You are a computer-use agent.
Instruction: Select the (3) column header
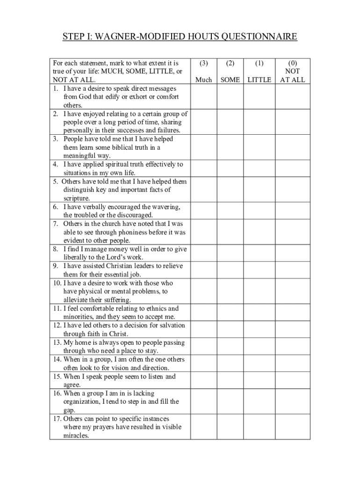click(203, 63)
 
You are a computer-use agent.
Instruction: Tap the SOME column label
click(230, 80)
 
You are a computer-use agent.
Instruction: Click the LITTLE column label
click(259, 80)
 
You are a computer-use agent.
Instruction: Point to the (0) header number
click(292, 63)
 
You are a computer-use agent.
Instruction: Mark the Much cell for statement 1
click(203, 96)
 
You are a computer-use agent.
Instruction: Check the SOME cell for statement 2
click(230, 122)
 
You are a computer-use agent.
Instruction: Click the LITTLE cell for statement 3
click(259, 147)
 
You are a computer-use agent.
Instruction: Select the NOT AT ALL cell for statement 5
click(292, 189)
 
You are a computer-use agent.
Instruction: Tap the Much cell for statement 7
click(203, 232)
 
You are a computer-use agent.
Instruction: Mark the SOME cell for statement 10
click(230, 291)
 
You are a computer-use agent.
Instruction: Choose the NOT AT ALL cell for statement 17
click(292, 427)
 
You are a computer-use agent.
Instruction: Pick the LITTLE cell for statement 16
click(259, 401)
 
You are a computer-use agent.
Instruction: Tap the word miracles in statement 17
click(76, 435)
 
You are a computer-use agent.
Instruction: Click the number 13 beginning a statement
click(56, 342)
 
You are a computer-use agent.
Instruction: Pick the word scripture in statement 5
click(76, 198)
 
